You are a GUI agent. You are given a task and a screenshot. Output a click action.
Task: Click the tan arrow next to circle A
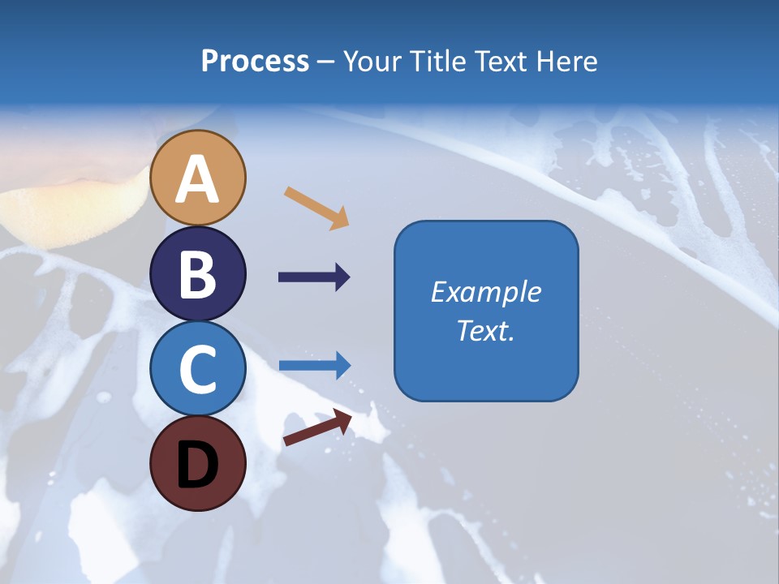(316, 207)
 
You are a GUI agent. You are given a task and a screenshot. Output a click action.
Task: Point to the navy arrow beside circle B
(314, 277)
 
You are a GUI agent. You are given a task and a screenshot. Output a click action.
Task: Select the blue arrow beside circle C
(314, 365)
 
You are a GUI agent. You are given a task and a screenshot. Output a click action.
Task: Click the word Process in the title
(255, 62)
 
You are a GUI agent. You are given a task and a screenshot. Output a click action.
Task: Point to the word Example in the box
(485, 292)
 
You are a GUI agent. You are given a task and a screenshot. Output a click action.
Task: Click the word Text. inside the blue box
(485, 330)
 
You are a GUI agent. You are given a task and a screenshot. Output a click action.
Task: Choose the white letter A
(198, 180)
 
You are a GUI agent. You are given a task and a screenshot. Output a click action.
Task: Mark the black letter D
(198, 464)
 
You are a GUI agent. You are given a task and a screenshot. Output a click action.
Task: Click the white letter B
(198, 274)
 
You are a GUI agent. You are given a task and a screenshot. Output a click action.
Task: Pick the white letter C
(198, 369)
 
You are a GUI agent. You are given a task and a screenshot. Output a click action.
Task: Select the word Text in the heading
(498, 62)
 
